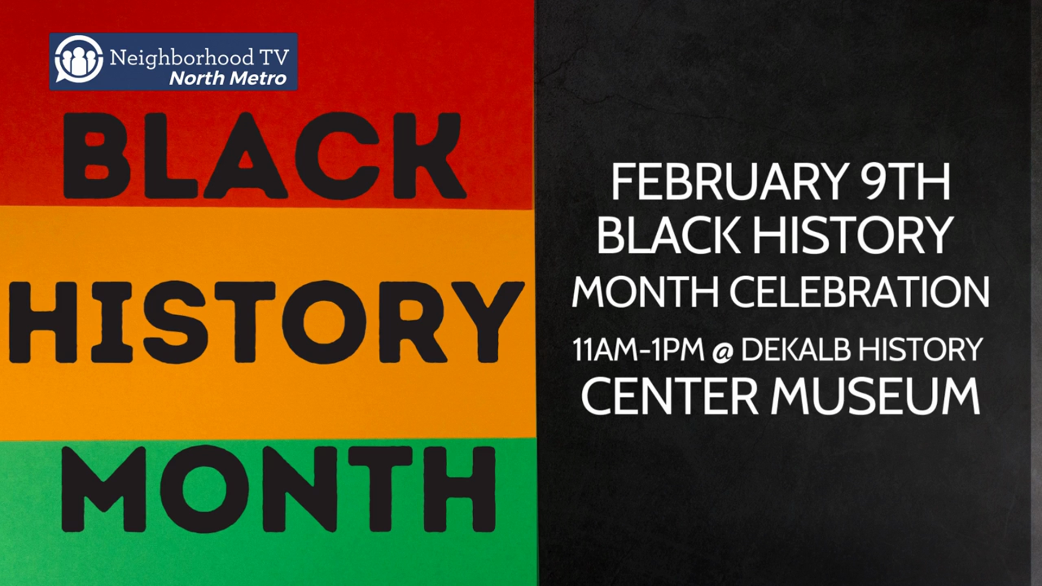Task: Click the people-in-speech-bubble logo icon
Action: (79, 60)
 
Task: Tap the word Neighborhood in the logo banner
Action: (182, 58)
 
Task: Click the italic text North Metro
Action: (228, 78)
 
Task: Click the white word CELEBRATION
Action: (859, 292)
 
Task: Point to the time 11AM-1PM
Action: (638, 349)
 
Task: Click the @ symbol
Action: (722, 352)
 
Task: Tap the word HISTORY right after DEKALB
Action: (921, 349)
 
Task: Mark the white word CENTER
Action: (669, 396)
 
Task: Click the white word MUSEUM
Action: (875, 396)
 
